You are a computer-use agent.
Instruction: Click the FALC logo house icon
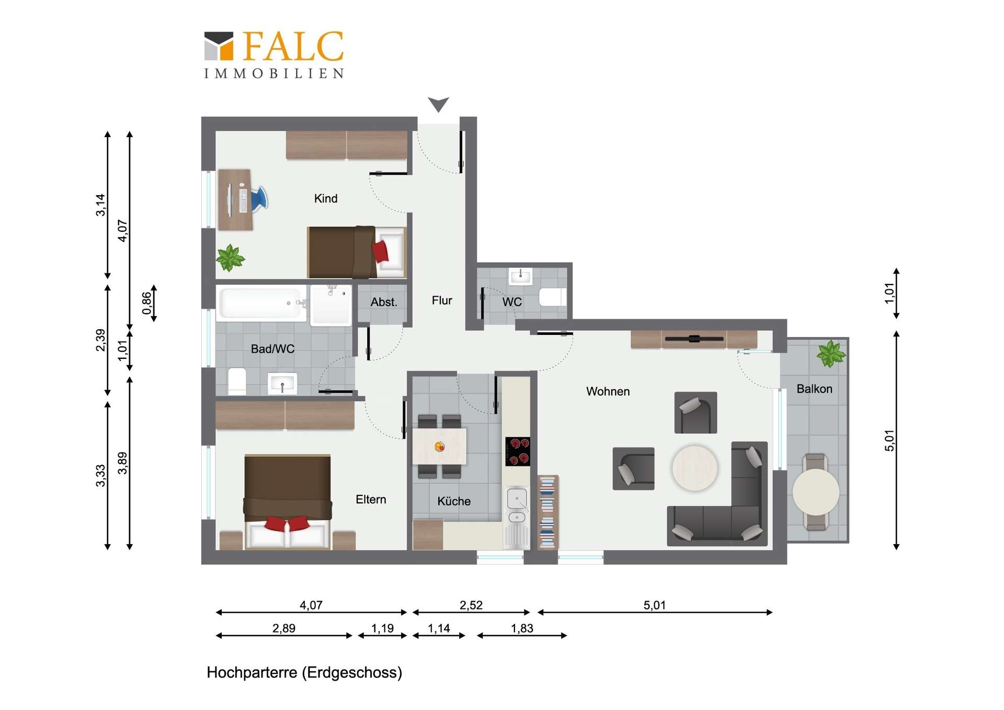pos(219,46)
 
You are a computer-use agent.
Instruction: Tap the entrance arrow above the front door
pos(438,104)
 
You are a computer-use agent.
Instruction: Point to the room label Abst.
pos(384,302)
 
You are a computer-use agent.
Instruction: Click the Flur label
pos(442,300)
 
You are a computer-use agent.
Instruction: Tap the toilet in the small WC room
pos(553,297)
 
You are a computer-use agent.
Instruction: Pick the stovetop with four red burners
pos(518,451)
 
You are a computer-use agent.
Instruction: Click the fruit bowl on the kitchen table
pos(440,446)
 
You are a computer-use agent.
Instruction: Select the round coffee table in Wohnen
pos(694,468)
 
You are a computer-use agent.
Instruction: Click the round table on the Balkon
pos(816,492)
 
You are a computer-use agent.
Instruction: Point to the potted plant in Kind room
pos(230,258)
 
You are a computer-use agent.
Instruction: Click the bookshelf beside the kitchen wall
pos(548,512)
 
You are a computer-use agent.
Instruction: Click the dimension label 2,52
pos(471,605)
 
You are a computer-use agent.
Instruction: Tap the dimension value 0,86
pos(147,303)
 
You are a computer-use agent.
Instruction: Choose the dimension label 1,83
pos(522,628)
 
